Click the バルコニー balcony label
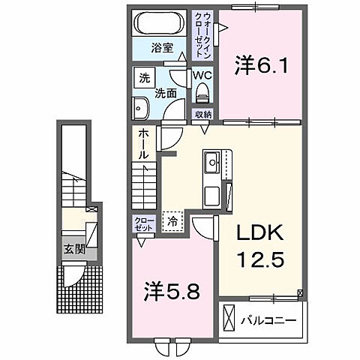(268, 321)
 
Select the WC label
(202, 76)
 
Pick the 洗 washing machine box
(142, 76)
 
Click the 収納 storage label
(203, 114)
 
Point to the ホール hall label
(142, 143)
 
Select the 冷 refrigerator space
(172, 220)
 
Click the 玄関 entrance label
(73, 249)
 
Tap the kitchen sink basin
(211, 160)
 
